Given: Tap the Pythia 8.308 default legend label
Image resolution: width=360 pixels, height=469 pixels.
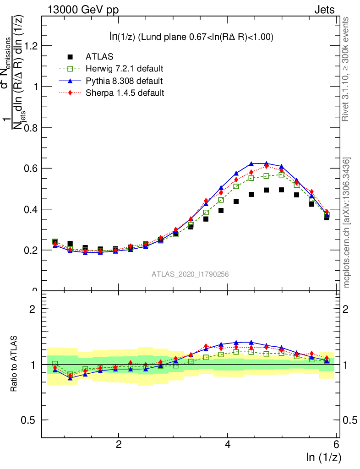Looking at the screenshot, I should pos(124,81).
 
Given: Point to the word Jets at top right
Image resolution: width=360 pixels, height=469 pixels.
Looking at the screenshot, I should pos(324,10).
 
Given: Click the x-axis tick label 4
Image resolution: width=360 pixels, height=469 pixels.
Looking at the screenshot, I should pos(228,444).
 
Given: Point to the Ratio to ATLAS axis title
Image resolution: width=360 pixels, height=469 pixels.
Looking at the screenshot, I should pos(15,364).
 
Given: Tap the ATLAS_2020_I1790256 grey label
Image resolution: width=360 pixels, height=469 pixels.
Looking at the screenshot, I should pos(190,274).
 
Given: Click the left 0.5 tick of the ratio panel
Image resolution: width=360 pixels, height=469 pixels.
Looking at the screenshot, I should pos(28,420).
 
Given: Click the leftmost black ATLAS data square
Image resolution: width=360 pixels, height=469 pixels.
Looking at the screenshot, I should pos(55,241).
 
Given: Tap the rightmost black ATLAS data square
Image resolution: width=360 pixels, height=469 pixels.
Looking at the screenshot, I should pos(327,217).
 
